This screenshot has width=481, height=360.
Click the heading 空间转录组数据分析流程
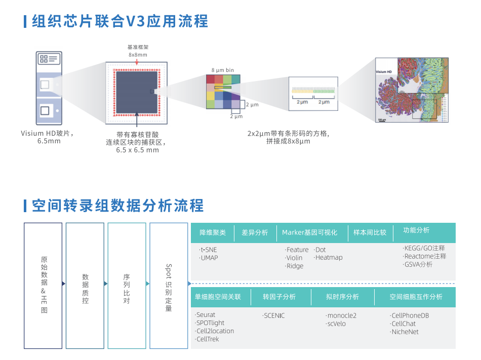(x=117, y=206)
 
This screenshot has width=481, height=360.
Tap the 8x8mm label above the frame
(x=138, y=55)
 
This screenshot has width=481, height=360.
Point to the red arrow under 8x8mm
(x=138, y=62)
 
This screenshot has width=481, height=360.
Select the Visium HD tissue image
(x=412, y=90)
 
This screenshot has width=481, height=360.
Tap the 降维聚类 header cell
(x=213, y=233)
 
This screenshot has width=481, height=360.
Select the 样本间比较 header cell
(x=370, y=233)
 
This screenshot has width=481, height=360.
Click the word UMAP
(x=209, y=258)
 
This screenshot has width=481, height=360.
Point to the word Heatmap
(x=329, y=257)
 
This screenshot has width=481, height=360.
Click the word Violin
(x=294, y=258)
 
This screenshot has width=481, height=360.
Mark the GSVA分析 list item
(x=418, y=264)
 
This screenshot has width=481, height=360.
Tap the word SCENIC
(x=274, y=315)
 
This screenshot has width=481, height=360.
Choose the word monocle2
(x=342, y=315)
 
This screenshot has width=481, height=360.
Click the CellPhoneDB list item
(x=410, y=315)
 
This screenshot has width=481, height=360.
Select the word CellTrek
(x=208, y=339)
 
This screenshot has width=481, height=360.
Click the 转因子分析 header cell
(x=279, y=297)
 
